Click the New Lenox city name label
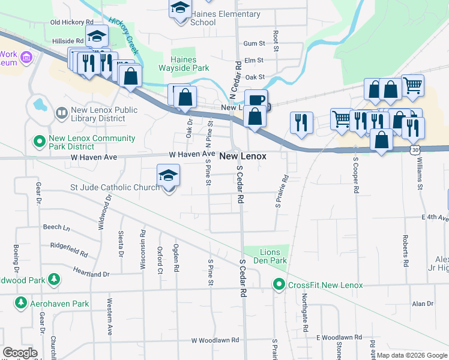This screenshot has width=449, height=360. (243, 156)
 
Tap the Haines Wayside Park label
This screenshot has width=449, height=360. (184, 64)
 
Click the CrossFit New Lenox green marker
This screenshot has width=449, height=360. (279, 284)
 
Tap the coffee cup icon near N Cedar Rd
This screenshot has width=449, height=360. (256, 99)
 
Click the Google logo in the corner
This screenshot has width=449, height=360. (20, 353)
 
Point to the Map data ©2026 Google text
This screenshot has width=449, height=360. (412, 355)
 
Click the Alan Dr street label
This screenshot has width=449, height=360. (423, 304)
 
